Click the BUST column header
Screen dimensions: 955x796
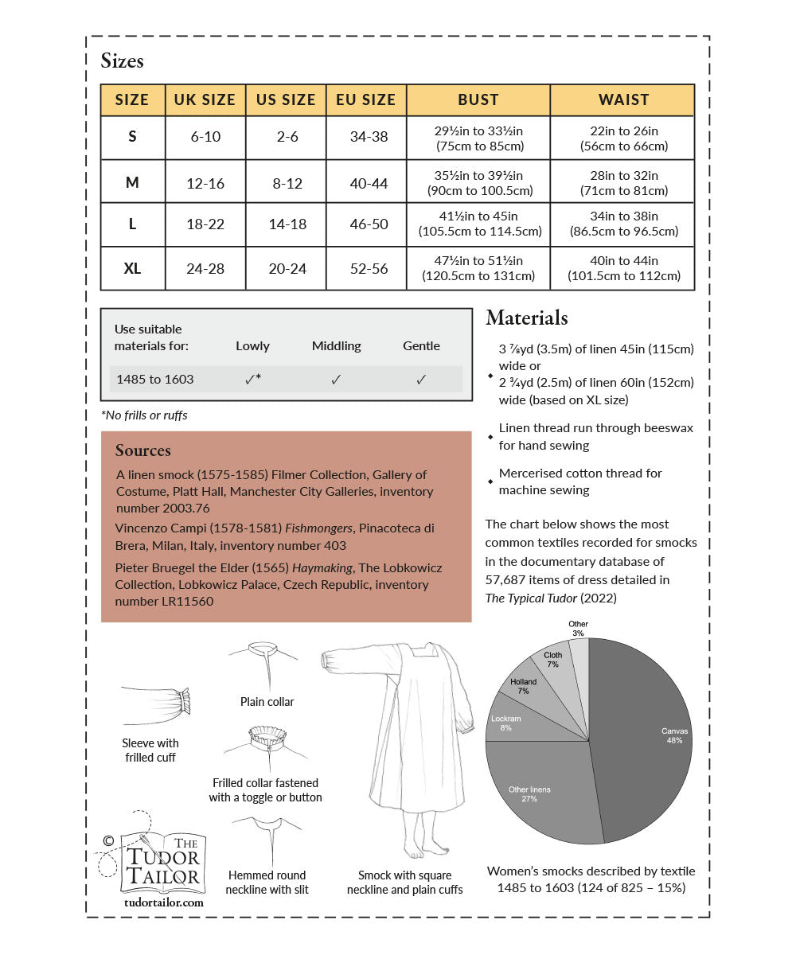[478, 100]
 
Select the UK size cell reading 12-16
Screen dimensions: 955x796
[205, 183]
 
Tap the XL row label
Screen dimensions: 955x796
[132, 269]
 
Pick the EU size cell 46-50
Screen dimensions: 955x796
[369, 224]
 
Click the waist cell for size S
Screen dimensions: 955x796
[623, 138]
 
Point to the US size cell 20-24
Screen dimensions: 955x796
[287, 269]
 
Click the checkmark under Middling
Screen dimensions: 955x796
[336, 380]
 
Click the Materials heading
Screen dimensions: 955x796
[526, 318]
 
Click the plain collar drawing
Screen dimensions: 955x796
[264, 665]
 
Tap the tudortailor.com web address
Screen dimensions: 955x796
[164, 902]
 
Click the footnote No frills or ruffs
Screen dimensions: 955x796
[144, 415]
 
